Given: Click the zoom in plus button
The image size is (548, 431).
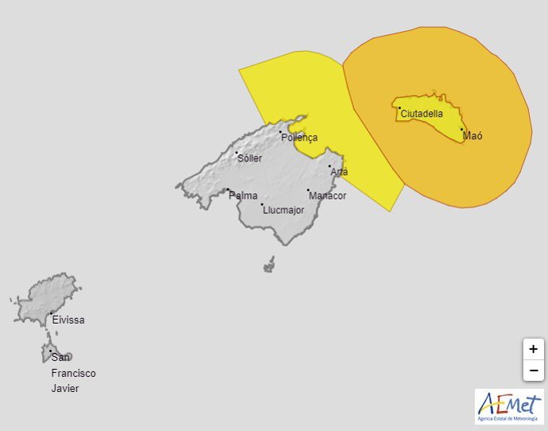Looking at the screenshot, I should click(533, 349).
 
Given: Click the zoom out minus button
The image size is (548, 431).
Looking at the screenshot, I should click(533, 370).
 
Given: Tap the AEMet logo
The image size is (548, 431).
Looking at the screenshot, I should click(509, 406).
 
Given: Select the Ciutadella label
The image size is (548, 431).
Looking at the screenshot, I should click(422, 114).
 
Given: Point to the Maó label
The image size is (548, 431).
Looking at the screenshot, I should click(472, 136).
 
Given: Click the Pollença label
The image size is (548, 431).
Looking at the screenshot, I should click(299, 138).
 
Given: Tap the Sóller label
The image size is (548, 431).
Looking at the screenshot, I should click(249, 158).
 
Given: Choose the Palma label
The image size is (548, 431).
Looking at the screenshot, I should click(243, 196).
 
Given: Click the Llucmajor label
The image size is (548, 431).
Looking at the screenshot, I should click(283, 210).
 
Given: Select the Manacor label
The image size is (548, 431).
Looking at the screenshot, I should click(327, 196).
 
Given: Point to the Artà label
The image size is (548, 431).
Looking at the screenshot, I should click(339, 172).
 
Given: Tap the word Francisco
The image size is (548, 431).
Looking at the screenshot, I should click(73, 373).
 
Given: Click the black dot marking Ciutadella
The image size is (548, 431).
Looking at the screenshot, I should click(399, 108).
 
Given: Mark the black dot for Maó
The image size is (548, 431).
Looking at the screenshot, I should click(461, 130).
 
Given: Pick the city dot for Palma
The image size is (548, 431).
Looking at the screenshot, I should click(228, 190).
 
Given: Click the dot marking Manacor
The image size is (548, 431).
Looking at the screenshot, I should click(308, 191).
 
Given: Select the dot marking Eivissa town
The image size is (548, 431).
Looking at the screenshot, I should click(52, 314).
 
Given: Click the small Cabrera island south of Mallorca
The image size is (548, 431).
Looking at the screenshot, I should click(269, 264).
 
